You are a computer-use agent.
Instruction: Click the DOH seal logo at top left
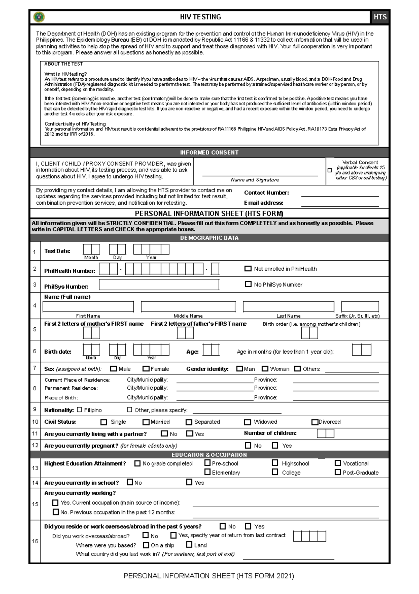point(39,17)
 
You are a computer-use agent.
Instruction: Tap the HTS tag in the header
point(380,17)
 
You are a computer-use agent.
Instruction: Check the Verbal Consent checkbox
point(330,170)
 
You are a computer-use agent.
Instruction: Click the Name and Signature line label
point(255,179)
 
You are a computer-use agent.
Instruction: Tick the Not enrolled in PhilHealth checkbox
point(248,269)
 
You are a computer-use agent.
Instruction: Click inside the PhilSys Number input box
point(159,285)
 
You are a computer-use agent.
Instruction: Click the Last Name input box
point(288,306)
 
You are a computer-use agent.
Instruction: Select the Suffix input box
point(360,306)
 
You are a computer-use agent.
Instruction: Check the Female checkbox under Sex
point(146,369)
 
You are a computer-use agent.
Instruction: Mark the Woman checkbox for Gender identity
point(265,369)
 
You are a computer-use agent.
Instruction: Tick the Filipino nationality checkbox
point(79,410)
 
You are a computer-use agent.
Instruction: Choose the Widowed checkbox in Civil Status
point(248,422)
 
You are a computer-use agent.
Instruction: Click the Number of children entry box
point(326,433)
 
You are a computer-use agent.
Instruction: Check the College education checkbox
point(275,472)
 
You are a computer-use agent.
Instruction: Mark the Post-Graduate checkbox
point(338,472)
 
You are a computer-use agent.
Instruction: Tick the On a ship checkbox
point(146,545)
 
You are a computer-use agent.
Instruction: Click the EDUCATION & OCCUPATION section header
point(209,455)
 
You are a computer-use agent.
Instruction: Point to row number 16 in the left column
point(35,541)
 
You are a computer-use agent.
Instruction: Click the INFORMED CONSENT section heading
point(209,153)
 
